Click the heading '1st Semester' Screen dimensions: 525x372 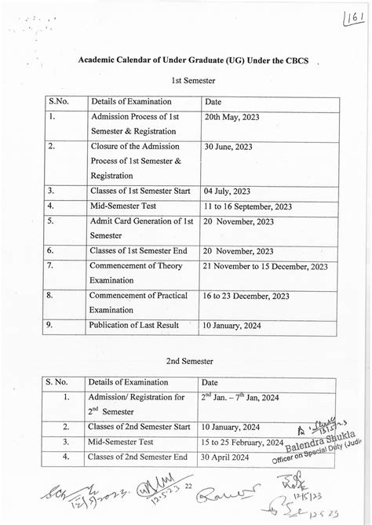(x=189, y=81)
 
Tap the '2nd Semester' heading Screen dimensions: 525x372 (x=189, y=362)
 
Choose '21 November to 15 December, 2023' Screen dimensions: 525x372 (x=264, y=266)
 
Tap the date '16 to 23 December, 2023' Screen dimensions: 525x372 (x=246, y=296)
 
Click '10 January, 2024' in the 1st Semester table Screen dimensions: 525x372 (x=234, y=324)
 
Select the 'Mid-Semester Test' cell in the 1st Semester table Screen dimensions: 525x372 (x=124, y=206)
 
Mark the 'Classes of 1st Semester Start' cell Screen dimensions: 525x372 (x=141, y=191)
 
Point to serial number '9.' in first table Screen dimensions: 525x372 (x=51, y=324)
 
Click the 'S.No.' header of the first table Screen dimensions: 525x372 (x=60, y=101)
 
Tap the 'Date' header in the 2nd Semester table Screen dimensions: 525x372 (x=210, y=382)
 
